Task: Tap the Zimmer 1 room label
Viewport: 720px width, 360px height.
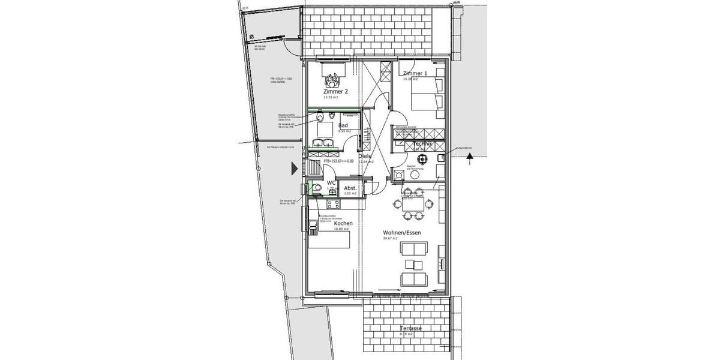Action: (x=415, y=73)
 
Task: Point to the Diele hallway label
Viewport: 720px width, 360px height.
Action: (x=365, y=157)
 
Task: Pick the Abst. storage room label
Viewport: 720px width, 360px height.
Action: (x=350, y=188)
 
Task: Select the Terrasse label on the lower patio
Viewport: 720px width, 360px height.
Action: (x=412, y=329)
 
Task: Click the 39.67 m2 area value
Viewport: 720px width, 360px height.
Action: (x=391, y=239)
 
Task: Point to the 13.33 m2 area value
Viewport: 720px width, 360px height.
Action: (x=331, y=98)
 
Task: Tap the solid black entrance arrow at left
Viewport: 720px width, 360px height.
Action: (x=294, y=168)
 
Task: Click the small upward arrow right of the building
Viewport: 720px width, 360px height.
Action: (x=470, y=157)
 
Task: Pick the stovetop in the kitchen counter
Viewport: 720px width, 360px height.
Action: (x=313, y=225)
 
